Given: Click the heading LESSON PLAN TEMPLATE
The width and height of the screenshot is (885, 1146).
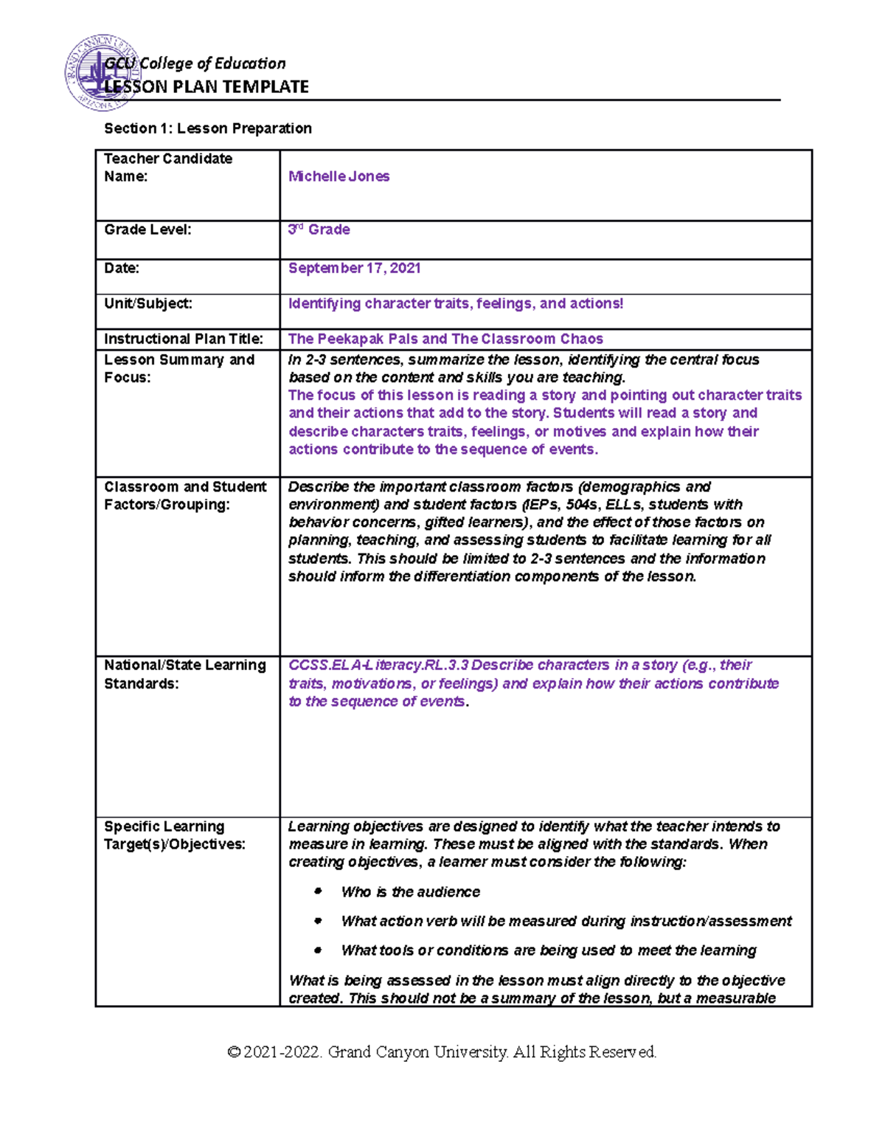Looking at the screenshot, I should coord(206,87).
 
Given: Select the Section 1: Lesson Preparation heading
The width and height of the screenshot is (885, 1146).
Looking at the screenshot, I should coord(207,128).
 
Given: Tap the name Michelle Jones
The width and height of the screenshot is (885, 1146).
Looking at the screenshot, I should coord(339,176).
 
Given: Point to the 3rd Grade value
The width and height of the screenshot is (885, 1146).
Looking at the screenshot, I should coord(319,229).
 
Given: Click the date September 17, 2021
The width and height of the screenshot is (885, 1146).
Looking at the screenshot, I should coord(354,268).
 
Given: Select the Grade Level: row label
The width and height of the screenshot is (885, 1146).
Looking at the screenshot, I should coord(147,229).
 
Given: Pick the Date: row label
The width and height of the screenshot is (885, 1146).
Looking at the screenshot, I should coord(122,268).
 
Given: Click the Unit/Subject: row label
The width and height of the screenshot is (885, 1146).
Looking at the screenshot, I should coord(148,303).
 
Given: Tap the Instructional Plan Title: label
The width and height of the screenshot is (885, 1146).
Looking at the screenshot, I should coord(184,339).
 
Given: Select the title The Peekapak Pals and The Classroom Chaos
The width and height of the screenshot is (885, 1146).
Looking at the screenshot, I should coord(445,339).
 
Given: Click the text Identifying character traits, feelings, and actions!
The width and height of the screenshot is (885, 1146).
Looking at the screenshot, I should coord(456,303).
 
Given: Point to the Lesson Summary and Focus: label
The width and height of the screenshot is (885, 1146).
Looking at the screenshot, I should coord(179,368).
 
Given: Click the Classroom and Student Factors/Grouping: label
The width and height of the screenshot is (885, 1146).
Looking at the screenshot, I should coord(185,495).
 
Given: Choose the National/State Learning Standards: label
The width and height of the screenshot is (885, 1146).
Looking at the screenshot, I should coord(185,674).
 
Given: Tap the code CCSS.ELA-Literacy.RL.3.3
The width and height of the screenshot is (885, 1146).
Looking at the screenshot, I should coord(378,665).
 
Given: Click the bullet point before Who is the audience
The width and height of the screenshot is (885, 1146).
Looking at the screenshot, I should coord(319,891).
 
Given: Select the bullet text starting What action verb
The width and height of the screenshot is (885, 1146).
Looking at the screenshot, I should coord(566,921).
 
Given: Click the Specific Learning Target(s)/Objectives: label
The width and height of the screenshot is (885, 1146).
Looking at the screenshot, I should coord(175,835).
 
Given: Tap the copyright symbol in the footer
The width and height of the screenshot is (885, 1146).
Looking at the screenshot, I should coord(234,1052).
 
